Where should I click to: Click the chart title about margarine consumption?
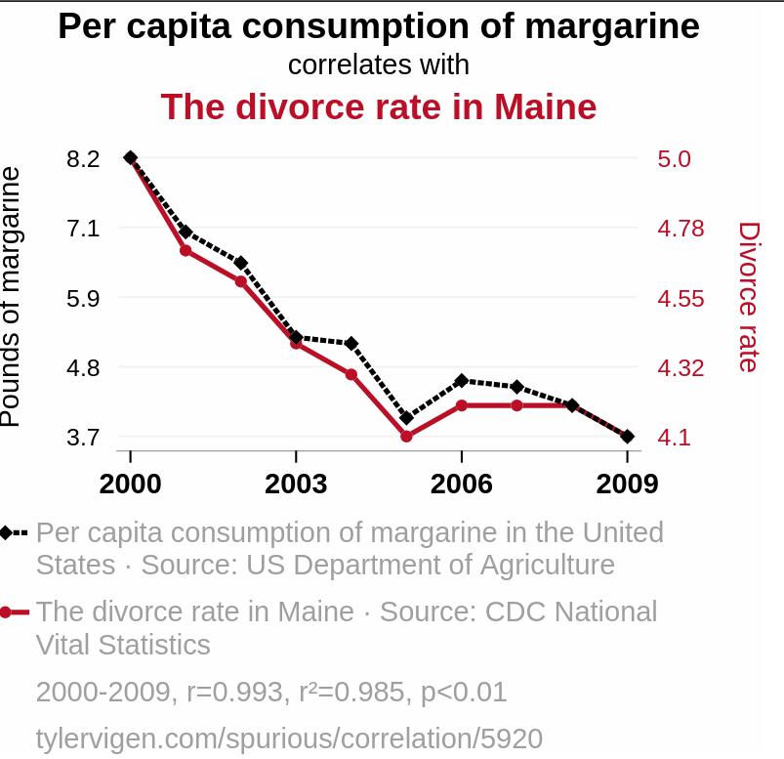pos(379,26)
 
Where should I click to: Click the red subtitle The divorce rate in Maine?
pos(379,106)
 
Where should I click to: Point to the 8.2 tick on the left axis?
pos(84,158)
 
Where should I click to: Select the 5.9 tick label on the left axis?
pos(84,298)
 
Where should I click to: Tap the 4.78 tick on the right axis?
pos(681,229)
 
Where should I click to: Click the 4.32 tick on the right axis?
pos(681,368)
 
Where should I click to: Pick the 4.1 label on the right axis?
pos(674,438)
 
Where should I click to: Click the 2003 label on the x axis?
pos(296,484)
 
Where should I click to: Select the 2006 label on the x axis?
pos(462,484)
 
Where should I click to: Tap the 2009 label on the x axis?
pos(627,484)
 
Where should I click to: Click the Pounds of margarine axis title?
pos(11,297)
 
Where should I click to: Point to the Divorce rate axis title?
pos(748,297)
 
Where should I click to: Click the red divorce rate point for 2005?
pos(406,437)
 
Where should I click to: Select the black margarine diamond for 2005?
pos(406,418)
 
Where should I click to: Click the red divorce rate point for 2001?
pos(186,251)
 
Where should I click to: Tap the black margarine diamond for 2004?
pos(351,344)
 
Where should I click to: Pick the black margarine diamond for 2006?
pos(462,380)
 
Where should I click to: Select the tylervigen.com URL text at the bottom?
pos(289,738)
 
